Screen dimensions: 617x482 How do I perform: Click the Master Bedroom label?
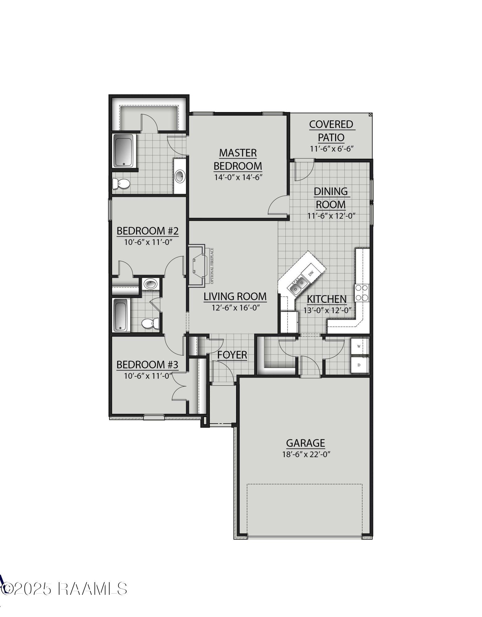238,159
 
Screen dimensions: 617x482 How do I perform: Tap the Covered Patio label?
331,131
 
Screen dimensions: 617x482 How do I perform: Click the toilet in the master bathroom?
122,184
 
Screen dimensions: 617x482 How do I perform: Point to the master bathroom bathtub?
124,151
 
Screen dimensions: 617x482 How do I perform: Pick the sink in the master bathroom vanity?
180,176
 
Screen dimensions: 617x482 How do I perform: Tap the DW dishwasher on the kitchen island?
311,272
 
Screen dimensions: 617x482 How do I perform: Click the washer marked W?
359,346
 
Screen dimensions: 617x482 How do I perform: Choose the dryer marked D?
359,365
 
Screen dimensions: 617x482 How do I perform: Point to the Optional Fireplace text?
212,266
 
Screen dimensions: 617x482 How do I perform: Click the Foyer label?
232,355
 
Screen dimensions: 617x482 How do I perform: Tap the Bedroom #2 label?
148,231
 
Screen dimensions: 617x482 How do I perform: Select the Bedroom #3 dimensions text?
148,376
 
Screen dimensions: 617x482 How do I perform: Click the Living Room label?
235,296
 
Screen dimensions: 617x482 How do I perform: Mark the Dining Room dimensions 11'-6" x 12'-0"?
331,216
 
